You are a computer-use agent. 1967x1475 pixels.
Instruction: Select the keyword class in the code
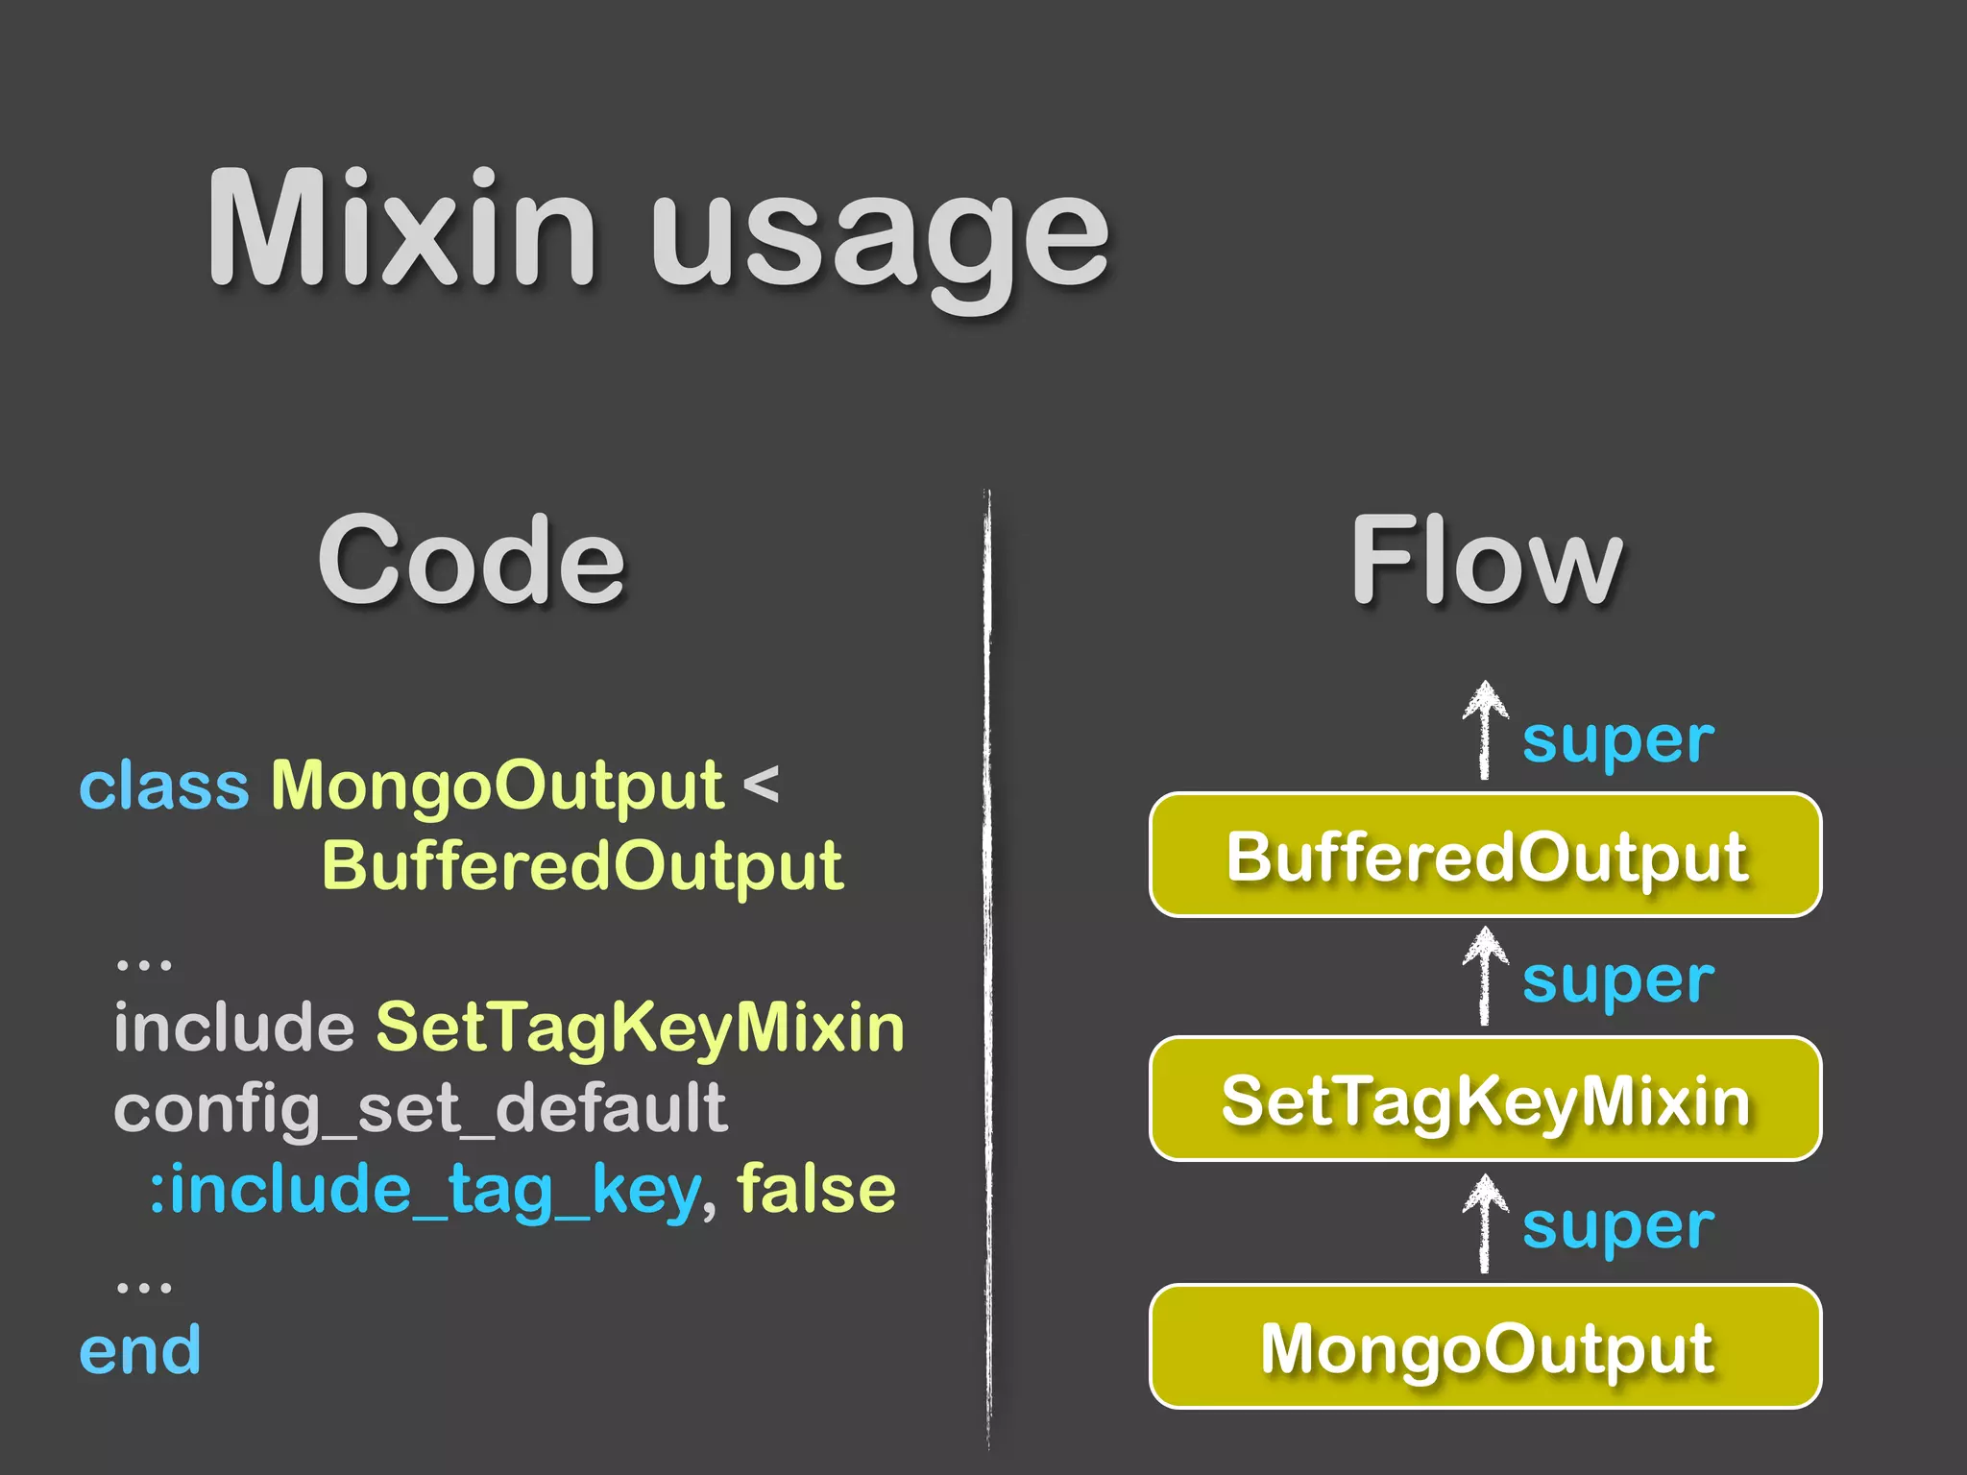click(x=163, y=786)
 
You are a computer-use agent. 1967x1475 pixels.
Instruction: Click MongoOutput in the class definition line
click(x=497, y=786)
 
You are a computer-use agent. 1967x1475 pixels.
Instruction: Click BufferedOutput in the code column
click(x=582, y=866)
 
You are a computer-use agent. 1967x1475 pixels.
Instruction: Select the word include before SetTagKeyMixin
click(x=234, y=1028)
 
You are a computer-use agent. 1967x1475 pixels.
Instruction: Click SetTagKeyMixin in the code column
click(x=640, y=1028)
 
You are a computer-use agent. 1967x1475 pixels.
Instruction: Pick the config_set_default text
click(x=421, y=1109)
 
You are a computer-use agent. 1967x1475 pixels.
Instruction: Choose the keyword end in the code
click(x=140, y=1351)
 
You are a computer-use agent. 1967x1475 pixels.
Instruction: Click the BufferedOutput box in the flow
click(x=1485, y=856)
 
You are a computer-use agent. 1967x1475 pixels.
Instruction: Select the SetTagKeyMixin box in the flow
click(x=1485, y=1100)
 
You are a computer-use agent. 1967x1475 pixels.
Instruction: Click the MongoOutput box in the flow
click(x=1485, y=1346)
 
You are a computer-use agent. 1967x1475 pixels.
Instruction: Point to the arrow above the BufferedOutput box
click(x=1485, y=730)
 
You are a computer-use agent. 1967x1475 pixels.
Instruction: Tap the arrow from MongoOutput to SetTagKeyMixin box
click(x=1485, y=1224)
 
